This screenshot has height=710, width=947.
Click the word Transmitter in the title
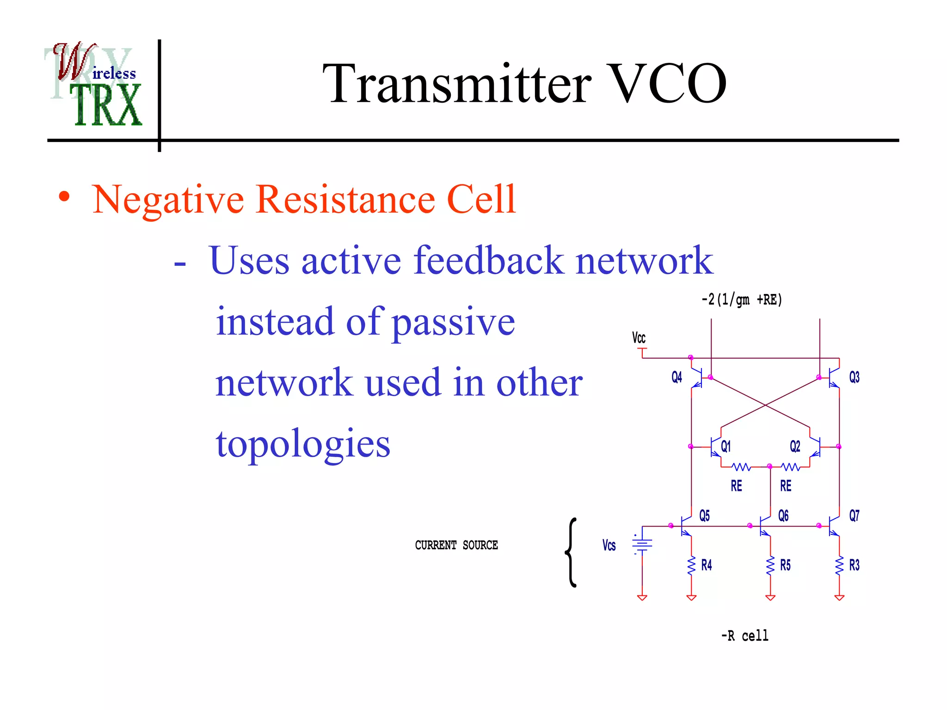(457, 84)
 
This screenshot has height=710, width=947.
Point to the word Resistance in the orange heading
(345, 200)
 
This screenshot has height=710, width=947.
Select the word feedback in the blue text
(488, 261)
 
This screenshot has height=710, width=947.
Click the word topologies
(303, 444)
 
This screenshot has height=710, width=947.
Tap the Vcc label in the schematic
(639, 338)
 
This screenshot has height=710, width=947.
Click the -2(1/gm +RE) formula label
(742, 300)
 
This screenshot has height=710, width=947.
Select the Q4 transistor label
(676, 378)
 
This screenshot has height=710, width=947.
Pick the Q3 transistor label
(854, 378)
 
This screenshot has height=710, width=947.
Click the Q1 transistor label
(726, 447)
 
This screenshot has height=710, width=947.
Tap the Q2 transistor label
(795, 447)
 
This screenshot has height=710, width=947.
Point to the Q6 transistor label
(783, 516)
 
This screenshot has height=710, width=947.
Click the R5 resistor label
(785, 565)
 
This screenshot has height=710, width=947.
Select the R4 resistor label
(707, 565)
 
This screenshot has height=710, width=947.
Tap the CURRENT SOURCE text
(456, 545)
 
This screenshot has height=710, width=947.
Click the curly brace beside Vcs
(572, 553)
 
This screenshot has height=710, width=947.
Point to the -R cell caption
(744, 637)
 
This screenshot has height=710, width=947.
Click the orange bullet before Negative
(64, 197)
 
